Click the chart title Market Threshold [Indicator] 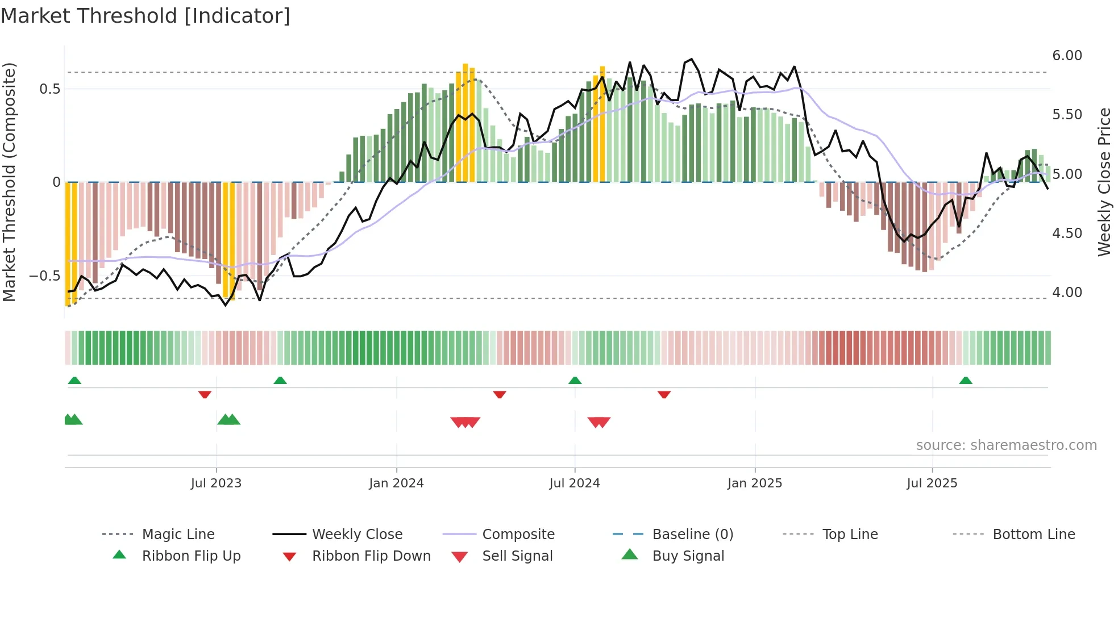point(146,16)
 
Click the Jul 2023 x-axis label point(216,483)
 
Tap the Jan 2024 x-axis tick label point(396,483)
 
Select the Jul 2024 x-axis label point(575,483)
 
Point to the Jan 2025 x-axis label point(755,483)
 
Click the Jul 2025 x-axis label point(932,483)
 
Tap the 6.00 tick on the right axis point(1067,56)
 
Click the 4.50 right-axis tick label point(1067,233)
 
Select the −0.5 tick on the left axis point(44,276)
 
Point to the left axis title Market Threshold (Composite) point(9,182)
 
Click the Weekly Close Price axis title point(1104,182)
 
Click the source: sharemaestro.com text point(1006,445)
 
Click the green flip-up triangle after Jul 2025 point(966,381)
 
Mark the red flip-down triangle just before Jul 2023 point(205,394)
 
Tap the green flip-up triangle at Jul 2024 point(575,381)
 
